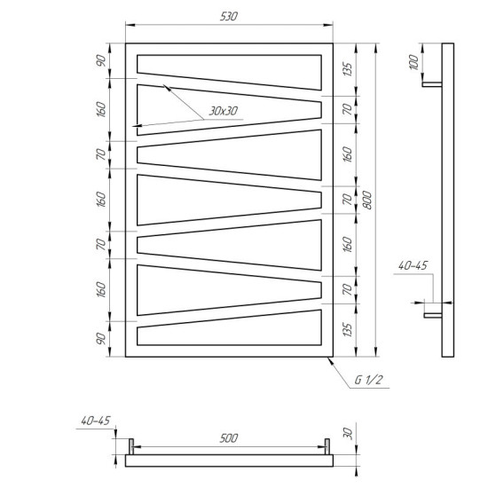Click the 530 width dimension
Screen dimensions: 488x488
tap(229, 16)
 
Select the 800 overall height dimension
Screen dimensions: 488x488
tap(367, 201)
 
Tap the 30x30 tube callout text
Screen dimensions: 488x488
tap(224, 111)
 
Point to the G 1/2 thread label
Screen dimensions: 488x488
tap(368, 380)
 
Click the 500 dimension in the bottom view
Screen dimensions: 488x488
tap(229, 438)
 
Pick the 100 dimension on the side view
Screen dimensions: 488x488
tap(414, 62)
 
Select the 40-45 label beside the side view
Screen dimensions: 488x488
tap(413, 265)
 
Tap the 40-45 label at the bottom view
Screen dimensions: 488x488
tap(96, 421)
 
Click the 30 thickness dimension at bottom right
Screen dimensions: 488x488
tap(349, 434)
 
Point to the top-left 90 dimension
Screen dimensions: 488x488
tap(101, 60)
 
